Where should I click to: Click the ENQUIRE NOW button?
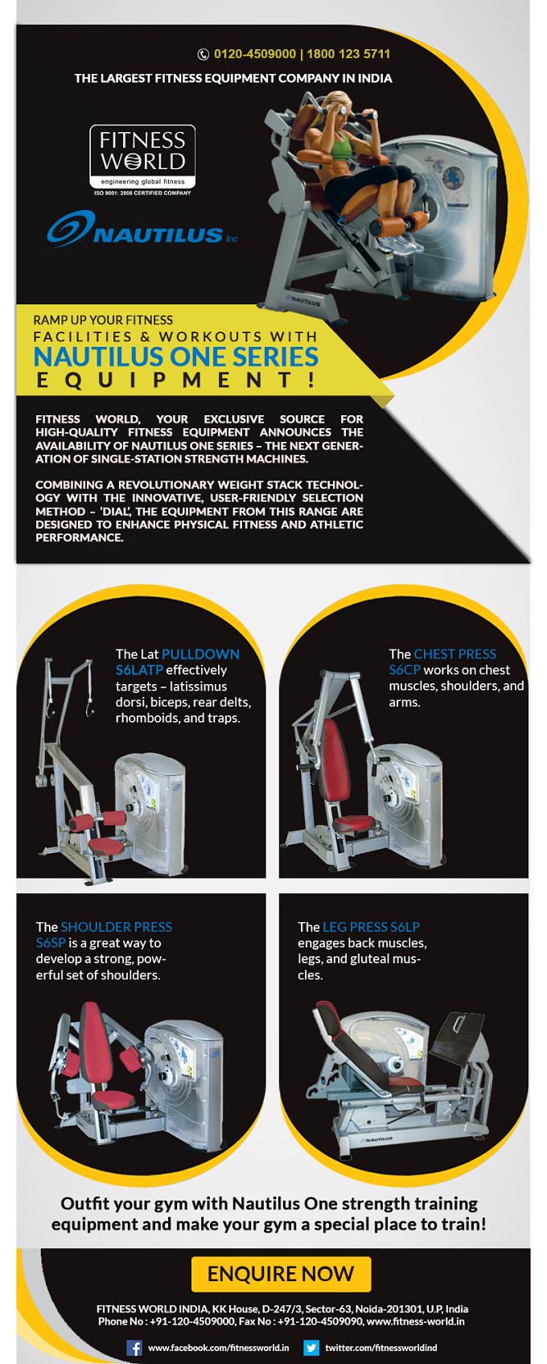click(281, 1273)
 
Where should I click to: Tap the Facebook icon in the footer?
click(134, 1348)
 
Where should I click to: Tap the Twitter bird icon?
click(311, 1348)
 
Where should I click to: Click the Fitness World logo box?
click(142, 156)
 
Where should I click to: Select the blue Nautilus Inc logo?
click(142, 229)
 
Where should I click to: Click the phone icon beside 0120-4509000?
click(204, 54)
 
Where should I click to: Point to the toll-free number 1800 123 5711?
click(348, 54)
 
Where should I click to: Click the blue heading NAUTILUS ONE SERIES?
click(176, 356)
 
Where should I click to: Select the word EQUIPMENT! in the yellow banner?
click(176, 380)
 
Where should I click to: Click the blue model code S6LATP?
click(139, 670)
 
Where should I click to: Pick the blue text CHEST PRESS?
click(454, 654)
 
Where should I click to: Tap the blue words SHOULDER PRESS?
click(116, 927)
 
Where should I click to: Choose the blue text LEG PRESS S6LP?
click(371, 927)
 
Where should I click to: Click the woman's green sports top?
click(341, 145)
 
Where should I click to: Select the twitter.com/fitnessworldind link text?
click(381, 1348)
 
